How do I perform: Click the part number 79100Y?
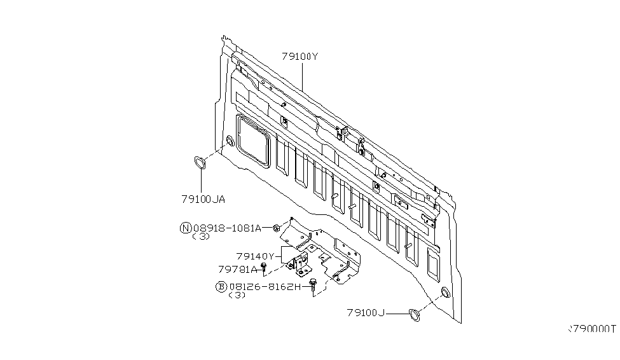pyautogui.click(x=300, y=57)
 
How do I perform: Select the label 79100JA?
pyautogui.click(x=203, y=199)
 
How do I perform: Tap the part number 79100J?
pyautogui.click(x=366, y=313)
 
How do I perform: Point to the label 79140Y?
pyautogui.click(x=255, y=256)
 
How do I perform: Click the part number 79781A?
pyautogui.click(x=238, y=270)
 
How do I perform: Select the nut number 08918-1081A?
pyautogui.click(x=227, y=228)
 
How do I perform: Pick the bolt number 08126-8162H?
pyautogui.click(x=265, y=287)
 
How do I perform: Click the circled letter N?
pyautogui.click(x=186, y=228)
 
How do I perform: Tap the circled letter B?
pyautogui.click(x=221, y=287)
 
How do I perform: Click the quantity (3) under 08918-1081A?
pyautogui.click(x=201, y=237)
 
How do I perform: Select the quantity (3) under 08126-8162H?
pyautogui.click(x=237, y=295)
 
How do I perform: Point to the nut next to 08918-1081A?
pyautogui.click(x=277, y=228)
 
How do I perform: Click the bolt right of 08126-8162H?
pyautogui.click(x=313, y=285)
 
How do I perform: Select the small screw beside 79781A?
pyautogui.click(x=264, y=268)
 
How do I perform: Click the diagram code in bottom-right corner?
pyautogui.click(x=592, y=329)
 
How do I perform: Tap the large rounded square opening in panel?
pyautogui.click(x=253, y=141)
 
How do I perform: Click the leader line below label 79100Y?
pyautogui.click(x=302, y=76)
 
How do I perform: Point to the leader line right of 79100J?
pyautogui.click(x=397, y=314)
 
